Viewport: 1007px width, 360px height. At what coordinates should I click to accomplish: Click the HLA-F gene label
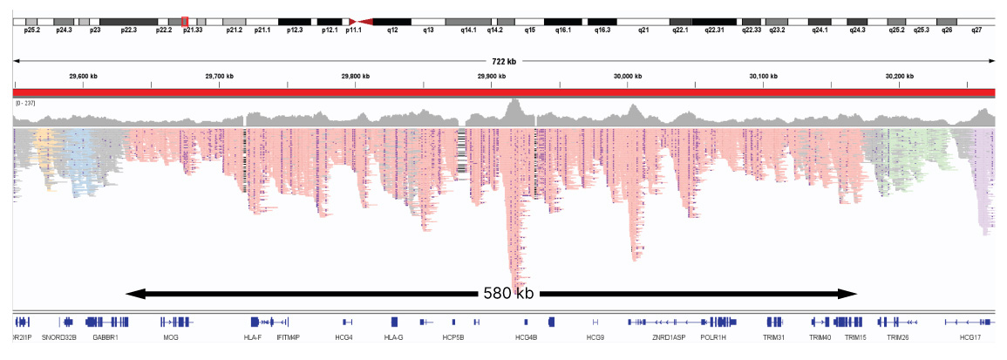point(253,336)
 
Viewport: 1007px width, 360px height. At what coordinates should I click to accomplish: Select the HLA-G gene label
point(394,336)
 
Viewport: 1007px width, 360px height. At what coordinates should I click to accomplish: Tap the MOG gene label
point(171,336)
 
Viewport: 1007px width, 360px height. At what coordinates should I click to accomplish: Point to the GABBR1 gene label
point(105,336)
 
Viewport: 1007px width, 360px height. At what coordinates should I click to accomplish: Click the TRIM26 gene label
point(898,336)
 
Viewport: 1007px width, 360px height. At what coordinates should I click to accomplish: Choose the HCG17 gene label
point(970,336)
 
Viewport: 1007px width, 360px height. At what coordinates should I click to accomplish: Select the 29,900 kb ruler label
point(492,77)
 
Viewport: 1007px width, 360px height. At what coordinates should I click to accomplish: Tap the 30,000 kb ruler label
point(627,77)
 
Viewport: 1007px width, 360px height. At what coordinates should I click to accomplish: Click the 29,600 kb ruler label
point(84,77)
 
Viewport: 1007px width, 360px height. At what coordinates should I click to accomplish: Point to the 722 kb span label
point(505,61)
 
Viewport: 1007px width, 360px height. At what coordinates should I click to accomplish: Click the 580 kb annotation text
point(508,294)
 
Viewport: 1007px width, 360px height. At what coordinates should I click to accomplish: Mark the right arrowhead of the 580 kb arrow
point(854,294)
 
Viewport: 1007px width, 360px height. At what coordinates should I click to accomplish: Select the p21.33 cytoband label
point(193,30)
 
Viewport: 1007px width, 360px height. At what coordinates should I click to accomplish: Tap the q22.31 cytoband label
point(714,30)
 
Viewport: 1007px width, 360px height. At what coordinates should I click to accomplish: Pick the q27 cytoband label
point(976,30)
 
